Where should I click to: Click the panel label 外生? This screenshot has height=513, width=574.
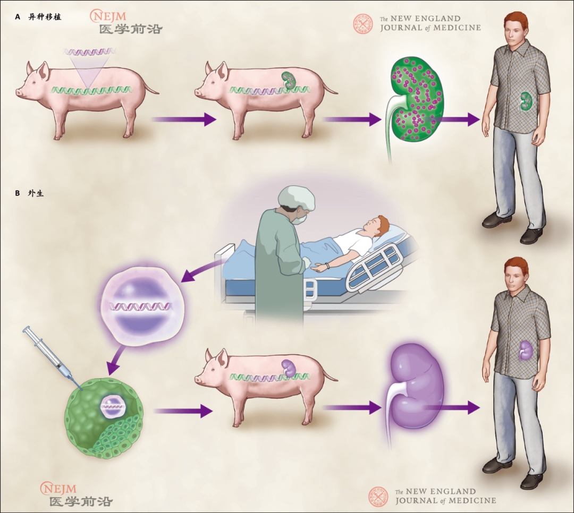tap(36, 193)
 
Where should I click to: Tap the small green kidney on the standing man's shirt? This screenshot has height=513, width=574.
tap(526, 101)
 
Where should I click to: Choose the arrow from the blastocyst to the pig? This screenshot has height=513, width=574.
tap(181, 411)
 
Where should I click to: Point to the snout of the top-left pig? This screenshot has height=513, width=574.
tap(20, 92)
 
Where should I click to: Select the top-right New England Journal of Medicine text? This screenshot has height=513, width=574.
tap(430, 23)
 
